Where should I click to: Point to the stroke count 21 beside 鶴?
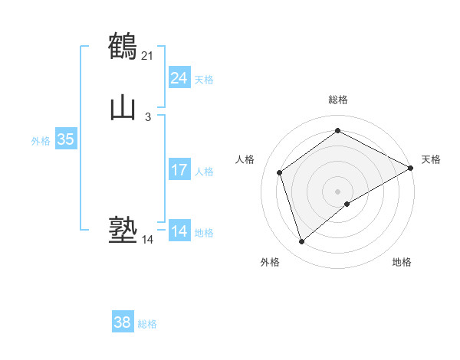tap(148, 55)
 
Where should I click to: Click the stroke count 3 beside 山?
tap(148, 117)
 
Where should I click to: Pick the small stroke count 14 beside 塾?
tap(148, 240)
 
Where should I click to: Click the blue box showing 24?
tap(179, 78)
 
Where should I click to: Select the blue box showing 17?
tap(179, 170)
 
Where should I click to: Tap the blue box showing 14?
tap(179, 231)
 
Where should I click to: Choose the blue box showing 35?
tap(65, 139)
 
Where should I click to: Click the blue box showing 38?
tap(123, 323)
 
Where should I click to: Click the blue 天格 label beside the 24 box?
tap(204, 80)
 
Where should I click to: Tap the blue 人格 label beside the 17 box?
tap(204, 172)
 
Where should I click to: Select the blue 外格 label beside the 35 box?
tap(41, 141)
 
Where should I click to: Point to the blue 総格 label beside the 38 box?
tap(147, 325)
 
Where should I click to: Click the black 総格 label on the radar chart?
tap(338, 100)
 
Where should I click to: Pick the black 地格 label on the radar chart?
tap(402, 262)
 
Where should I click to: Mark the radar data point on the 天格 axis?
tap(411, 169)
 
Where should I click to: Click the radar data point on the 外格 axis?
tap(301, 242)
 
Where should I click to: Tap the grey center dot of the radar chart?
tap(338, 191)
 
